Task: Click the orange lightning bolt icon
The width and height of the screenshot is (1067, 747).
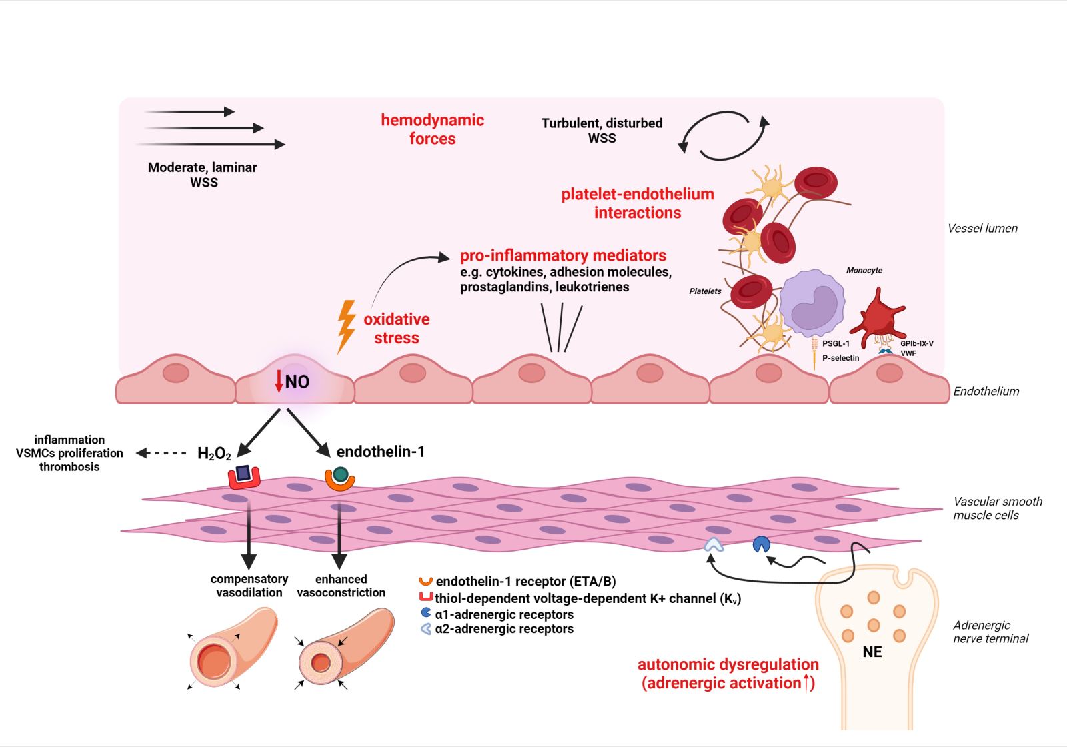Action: click(x=346, y=326)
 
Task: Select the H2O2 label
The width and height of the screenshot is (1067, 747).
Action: click(x=214, y=454)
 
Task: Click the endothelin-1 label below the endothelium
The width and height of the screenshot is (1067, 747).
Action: click(x=380, y=452)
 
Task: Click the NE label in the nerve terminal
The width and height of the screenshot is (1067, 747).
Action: click(x=872, y=652)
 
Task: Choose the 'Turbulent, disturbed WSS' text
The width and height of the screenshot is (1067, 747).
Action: click(x=602, y=131)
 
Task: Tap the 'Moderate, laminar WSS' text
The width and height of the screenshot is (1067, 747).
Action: click(x=202, y=175)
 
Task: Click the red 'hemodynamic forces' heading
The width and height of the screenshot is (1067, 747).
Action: click(x=432, y=129)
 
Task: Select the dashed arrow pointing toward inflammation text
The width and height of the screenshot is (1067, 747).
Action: click(x=161, y=454)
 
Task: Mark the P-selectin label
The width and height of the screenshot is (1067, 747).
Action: click(x=840, y=358)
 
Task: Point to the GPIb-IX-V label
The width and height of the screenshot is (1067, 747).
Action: click(x=916, y=344)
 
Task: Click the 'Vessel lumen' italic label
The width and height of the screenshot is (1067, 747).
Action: click(x=982, y=229)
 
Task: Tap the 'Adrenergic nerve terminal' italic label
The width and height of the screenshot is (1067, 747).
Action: click(x=990, y=632)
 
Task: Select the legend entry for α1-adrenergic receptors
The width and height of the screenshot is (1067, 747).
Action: click(x=503, y=614)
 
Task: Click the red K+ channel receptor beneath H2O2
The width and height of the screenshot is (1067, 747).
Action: click(x=243, y=476)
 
